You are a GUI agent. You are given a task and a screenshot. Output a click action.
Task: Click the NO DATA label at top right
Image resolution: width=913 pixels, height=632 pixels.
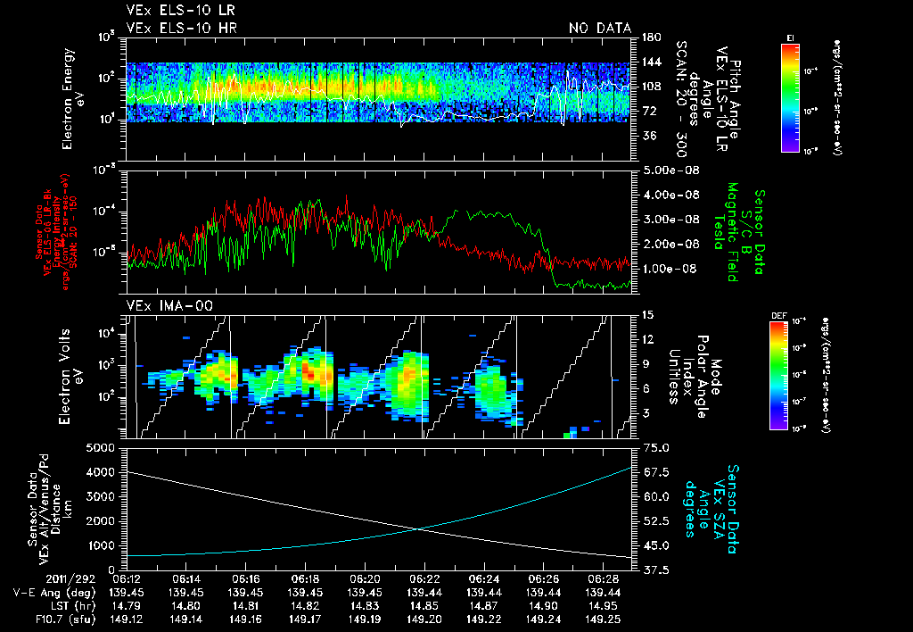click(599, 29)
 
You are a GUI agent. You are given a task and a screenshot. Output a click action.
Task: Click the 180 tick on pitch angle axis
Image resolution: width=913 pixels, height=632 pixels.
click(649, 37)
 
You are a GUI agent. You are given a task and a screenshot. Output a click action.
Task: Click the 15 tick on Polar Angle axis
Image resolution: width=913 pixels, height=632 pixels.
click(647, 315)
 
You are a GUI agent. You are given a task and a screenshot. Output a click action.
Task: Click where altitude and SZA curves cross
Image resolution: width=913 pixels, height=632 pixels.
click(419, 528)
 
